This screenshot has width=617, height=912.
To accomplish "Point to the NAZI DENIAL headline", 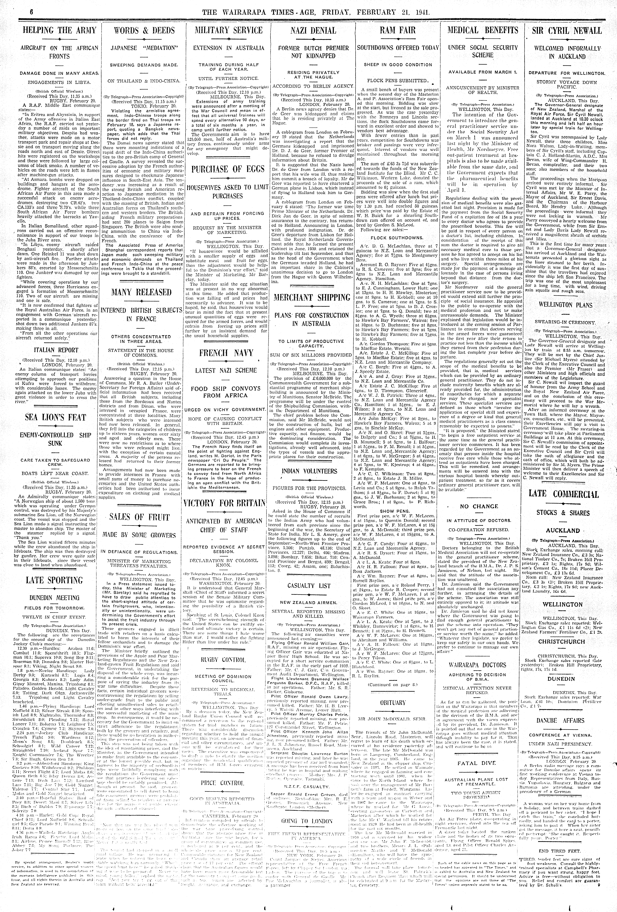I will (x=313, y=31).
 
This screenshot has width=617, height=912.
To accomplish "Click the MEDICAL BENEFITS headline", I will (x=482, y=31).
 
